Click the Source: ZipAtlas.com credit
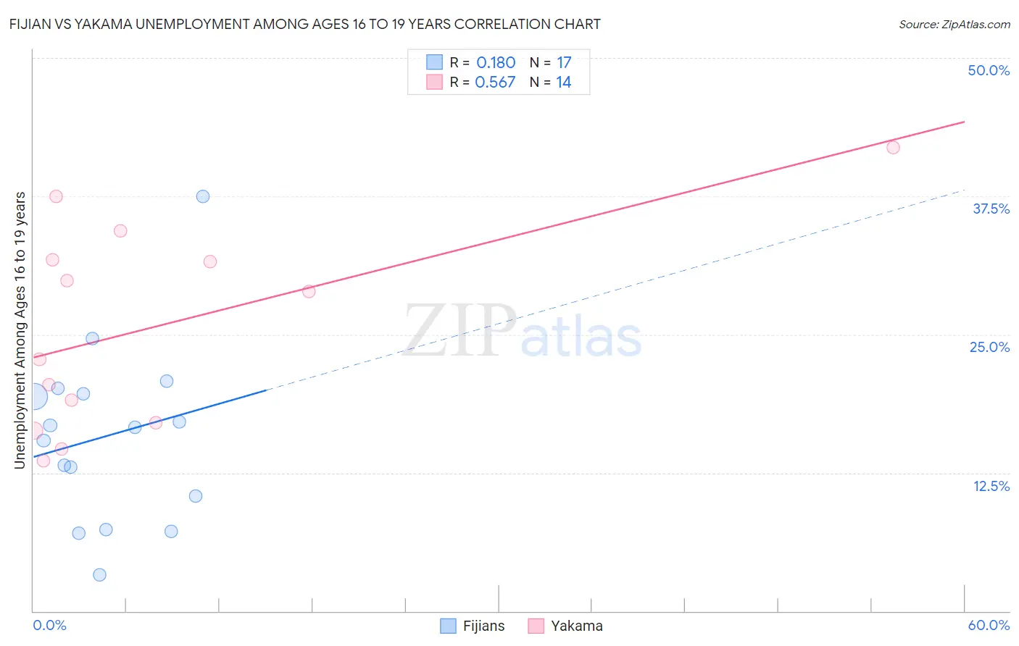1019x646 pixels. point(954,24)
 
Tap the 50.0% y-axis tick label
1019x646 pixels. point(989,70)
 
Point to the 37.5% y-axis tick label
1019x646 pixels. point(991,209)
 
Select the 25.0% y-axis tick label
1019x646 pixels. point(989,347)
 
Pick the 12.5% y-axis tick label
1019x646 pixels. point(991,486)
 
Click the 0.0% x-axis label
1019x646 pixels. point(49,625)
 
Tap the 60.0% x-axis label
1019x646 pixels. point(989,625)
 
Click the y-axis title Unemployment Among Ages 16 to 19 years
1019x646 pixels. point(20,330)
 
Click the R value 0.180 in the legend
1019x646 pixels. point(496,63)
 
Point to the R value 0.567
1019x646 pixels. point(495,83)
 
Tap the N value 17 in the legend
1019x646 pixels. point(564,63)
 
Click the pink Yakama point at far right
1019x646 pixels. point(893,148)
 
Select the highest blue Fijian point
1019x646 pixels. point(203,196)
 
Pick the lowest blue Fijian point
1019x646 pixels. point(100,575)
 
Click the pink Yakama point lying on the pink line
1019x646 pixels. point(309,292)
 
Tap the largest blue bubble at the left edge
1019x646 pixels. point(33,396)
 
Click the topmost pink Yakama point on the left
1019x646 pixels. point(56,196)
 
